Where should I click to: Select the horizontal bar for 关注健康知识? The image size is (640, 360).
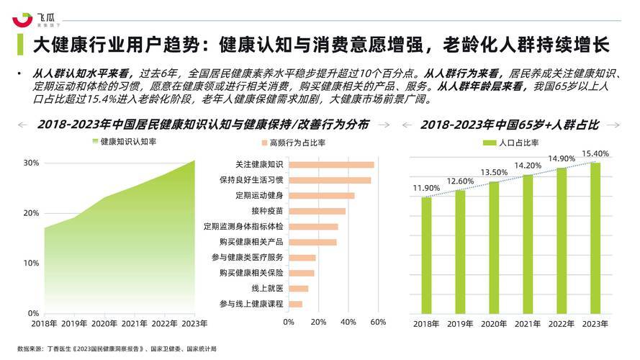click(331, 165)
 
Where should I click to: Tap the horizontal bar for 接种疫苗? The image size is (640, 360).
click(317, 211)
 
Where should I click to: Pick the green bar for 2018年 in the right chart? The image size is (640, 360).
click(426, 255)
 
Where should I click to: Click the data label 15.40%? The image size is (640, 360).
click(595, 153)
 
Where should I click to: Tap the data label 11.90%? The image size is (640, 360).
click(426, 189)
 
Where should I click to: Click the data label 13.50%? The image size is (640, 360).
click(494, 172)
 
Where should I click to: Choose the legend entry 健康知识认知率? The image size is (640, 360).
click(124, 142)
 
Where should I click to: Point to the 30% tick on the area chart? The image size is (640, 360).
click(30, 163)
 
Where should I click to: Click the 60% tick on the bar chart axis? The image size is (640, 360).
click(378, 322)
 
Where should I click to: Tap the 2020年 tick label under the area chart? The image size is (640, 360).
click(104, 323)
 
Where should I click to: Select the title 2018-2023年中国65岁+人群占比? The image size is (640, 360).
click(510, 125)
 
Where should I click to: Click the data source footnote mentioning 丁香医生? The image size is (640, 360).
click(116, 348)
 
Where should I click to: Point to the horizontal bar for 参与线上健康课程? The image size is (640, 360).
click(295, 304)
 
